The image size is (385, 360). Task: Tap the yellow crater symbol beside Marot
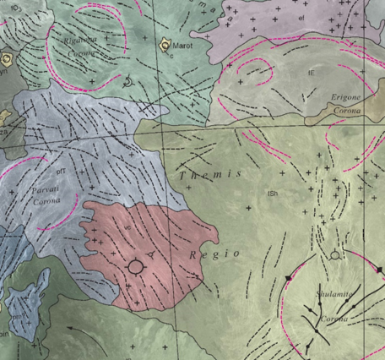pyautogui.click(x=164, y=43)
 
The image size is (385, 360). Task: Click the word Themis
pyautogui.click(x=211, y=173)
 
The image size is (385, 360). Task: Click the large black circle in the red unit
pyautogui.click(x=135, y=267)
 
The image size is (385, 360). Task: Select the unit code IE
pyautogui.click(x=311, y=74)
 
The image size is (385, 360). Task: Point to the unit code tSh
pyautogui.click(x=273, y=195)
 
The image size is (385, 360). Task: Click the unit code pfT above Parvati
pyautogui.click(x=61, y=172)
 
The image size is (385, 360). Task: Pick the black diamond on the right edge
pyautogui.click(x=379, y=270)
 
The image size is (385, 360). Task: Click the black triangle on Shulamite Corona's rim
pyautogui.click(x=289, y=278)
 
